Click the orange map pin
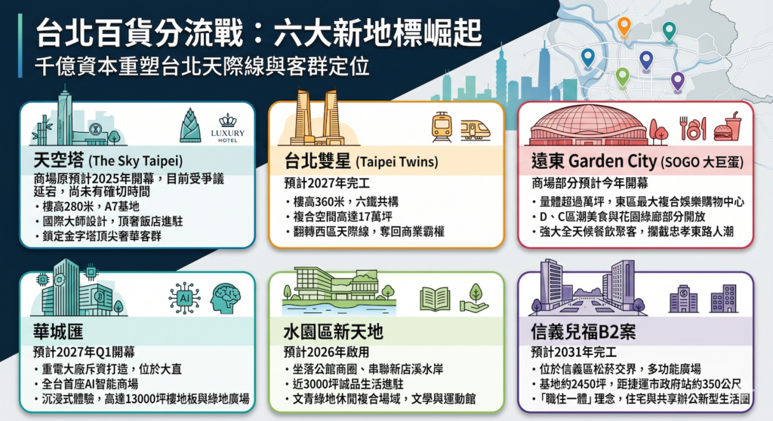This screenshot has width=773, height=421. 624,27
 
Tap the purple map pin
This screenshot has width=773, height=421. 678,81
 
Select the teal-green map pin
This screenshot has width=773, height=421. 669,32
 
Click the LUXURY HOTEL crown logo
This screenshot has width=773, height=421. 228,128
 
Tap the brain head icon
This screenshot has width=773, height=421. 225,298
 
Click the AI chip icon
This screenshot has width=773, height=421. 184,298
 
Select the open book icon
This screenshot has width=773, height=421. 435,299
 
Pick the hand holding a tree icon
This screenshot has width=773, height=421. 474,298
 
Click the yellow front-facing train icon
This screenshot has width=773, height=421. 442,127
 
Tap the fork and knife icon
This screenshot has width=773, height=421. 693,128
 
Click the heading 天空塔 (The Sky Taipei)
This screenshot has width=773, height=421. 108,161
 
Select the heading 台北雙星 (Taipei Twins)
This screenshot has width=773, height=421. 361,161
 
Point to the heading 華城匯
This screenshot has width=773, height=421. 58,332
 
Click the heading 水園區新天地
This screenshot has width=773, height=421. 333,332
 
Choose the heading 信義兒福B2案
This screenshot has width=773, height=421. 584,332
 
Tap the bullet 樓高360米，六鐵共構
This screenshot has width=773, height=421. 342,201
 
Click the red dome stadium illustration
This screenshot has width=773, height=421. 587,125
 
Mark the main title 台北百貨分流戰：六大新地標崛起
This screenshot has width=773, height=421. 259,33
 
